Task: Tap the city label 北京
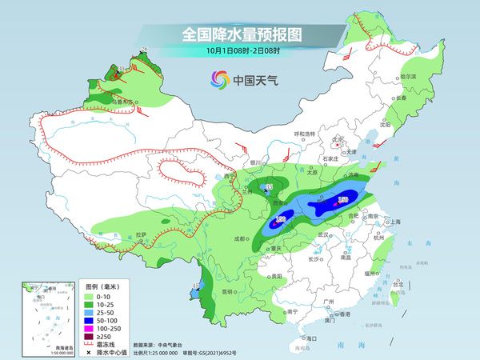pos(337,139)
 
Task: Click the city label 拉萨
pos(142,234)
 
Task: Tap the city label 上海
pos(394,222)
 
